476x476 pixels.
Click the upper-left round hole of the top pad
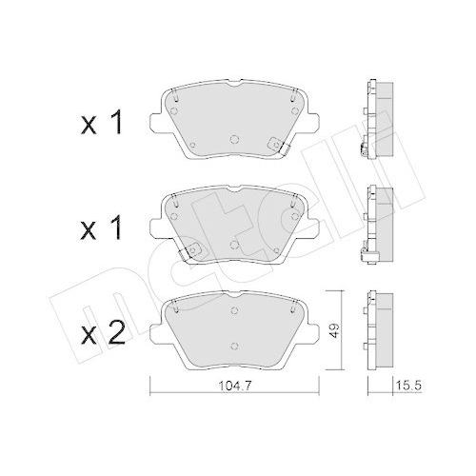(x=179, y=96)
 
